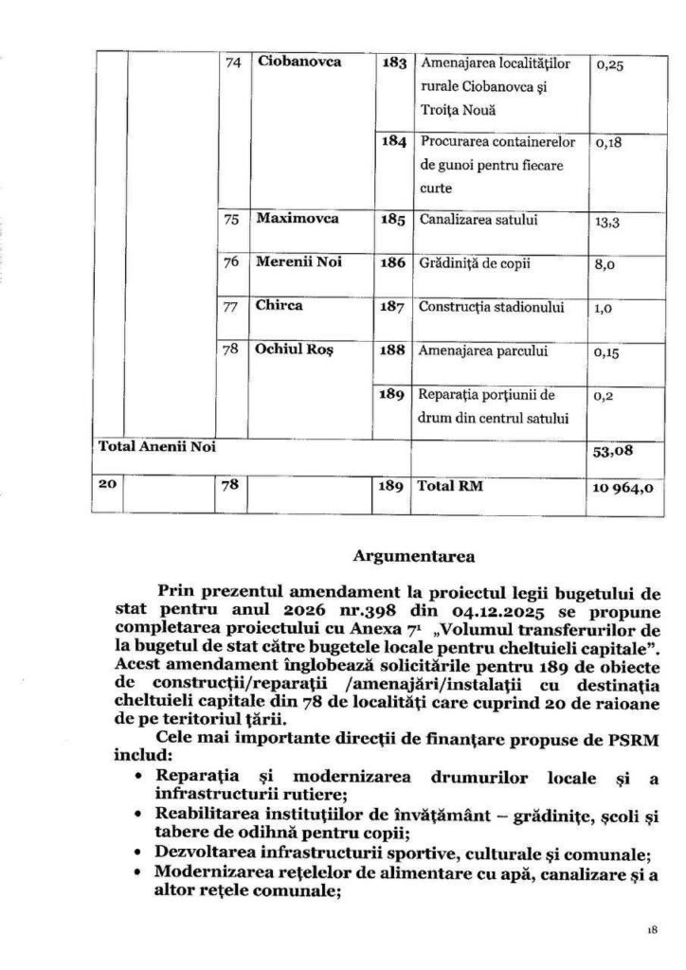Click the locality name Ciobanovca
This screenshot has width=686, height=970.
tap(300, 64)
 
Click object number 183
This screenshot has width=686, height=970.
tap(393, 64)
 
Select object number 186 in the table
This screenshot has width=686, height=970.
tap(393, 263)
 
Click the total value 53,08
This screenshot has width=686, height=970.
tap(610, 453)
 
